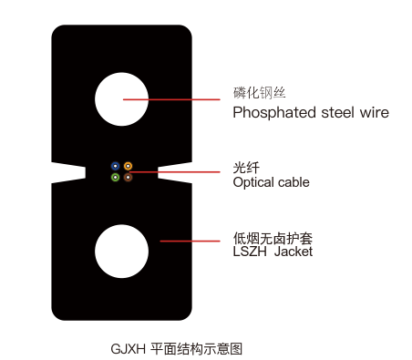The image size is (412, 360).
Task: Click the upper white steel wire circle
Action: pyautogui.click(x=121, y=99)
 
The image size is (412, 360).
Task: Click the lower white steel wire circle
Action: pyautogui.click(x=121, y=252)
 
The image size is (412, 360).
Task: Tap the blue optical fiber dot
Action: pyautogui.click(x=115, y=166)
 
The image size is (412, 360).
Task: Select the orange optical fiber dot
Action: pyautogui.click(x=128, y=166)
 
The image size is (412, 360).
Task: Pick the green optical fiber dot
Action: pyautogui.click(x=115, y=177)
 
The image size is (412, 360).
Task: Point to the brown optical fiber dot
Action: pyautogui.click(x=128, y=177)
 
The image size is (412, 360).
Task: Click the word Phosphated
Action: pyautogui.click(x=274, y=113)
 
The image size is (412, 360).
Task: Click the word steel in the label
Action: pyautogui.click(x=338, y=112)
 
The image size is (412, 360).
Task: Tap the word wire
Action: pyautogui.click(x=375, y=113)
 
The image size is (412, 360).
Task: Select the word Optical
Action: pyautogui.click(x=253, y=183)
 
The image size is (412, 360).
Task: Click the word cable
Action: pyautogui.click(x=294, y=182)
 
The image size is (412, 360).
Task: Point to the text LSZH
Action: pyautogui.click(x=250, y=252)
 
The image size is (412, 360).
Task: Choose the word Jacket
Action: pyautogui.click(x=294, y=252)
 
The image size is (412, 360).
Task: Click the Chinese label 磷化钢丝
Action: pyautogui.click(x=260, y=93)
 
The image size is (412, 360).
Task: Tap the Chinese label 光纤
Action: pyautogui.click(x=246, y=168)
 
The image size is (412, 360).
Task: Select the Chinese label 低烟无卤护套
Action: pyautogui.click(x=273, y=239)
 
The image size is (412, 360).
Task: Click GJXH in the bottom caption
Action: pyautogui.click(x=128, y=349)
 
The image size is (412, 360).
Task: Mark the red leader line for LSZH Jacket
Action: pyautogui.click(x=190, y=242)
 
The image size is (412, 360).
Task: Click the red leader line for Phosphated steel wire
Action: pyautogui.click(x=171, y=99)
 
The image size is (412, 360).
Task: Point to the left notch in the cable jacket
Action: pyautogui.click(x=68, y=173)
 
